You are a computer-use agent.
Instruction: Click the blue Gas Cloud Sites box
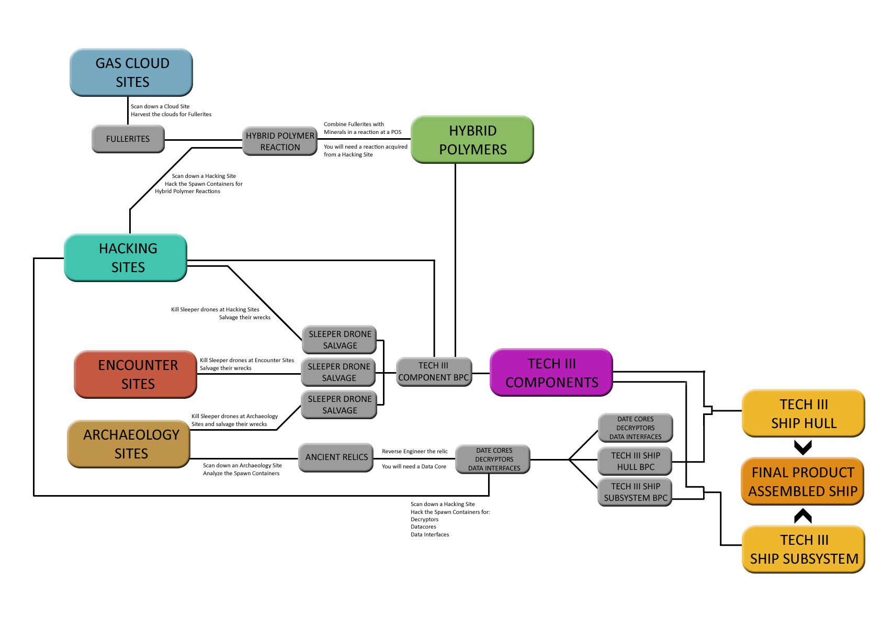coord(131,72)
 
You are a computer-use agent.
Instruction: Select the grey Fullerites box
coord(128,139)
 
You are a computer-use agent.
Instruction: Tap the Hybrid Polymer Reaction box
coord(280,141)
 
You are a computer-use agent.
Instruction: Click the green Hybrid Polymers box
coord(472,140)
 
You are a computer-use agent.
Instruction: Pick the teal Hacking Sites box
coord(126,257)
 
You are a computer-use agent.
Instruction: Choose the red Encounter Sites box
coord(135,374)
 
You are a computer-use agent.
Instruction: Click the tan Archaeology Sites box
coord(129,444)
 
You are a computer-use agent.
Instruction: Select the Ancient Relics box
coord(336,457)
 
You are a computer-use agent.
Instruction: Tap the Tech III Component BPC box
coord(434,372)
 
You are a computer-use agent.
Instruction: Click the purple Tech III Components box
coord(551,373)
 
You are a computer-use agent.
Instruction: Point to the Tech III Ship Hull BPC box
coord(635,461)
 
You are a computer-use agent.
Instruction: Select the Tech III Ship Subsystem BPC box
coord(635,492)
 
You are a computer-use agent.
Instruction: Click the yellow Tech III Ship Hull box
coord(804,413)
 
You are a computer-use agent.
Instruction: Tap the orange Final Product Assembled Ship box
coord(802,481)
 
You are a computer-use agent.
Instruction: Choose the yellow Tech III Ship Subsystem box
coord(804,549)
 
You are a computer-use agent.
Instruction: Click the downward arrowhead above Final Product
coord(803,447)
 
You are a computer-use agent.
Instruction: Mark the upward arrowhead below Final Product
coord(803,516)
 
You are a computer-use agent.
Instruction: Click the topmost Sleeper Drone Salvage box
coord(340,340)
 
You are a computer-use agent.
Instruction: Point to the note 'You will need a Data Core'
coord(414,466)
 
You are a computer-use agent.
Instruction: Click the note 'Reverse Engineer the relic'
coord(414,451)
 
